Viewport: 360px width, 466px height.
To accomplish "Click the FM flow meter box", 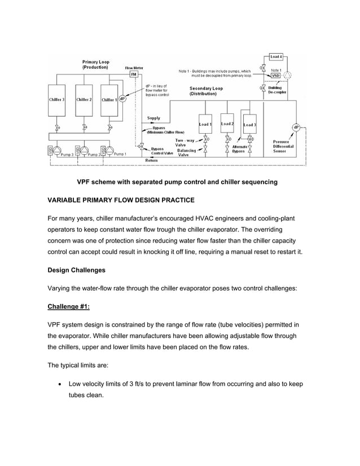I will coord(134,74).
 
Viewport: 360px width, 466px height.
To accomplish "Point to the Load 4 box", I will coord(276,57).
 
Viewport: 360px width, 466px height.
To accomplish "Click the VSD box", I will coord(275,75).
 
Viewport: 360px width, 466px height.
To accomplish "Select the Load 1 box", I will coord(205,124).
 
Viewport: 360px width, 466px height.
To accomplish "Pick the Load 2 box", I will coord(227,124).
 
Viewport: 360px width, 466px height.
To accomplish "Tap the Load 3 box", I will coord(249,125).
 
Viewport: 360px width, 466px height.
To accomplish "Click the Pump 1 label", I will coord(120,154).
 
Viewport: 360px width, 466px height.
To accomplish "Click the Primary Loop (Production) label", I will coord(96,64).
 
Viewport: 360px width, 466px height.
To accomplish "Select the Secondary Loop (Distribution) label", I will coord(206,91).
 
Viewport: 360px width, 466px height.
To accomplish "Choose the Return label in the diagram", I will coord(152,161).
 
